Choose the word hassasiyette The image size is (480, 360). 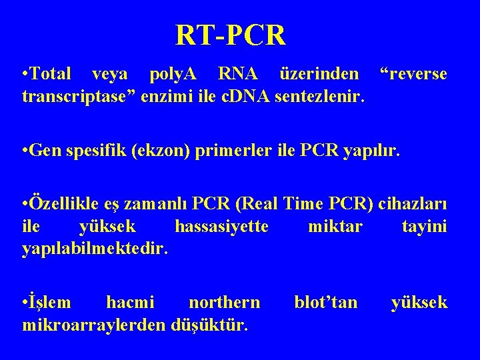221,227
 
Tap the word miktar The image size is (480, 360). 335,227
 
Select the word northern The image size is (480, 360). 225,303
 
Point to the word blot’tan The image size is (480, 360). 326,303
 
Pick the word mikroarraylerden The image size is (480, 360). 94,326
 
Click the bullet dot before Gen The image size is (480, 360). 25,152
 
